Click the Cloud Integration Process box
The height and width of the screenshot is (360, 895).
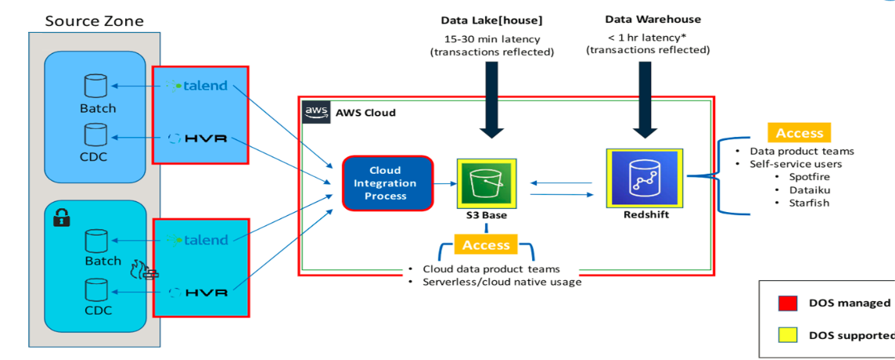click(387, 183)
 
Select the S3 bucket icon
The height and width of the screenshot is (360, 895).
click(486, 183)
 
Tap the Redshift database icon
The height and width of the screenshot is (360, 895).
click(645, 178)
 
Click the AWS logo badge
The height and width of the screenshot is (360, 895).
click(316, 112)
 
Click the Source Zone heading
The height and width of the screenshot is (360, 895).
click(93, 20)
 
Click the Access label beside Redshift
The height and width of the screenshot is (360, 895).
click(799, 133)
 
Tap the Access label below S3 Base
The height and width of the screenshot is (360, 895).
click(486, 245)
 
